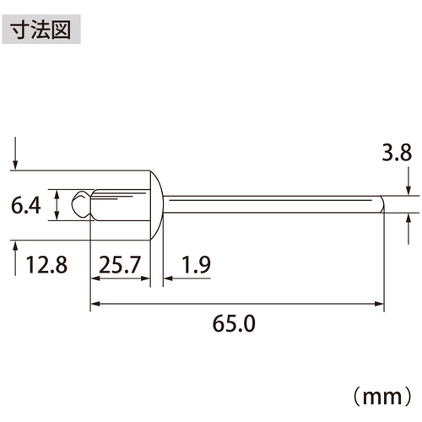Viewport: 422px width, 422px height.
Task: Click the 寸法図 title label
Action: [41, 30]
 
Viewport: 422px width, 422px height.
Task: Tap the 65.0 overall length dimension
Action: [234, 324]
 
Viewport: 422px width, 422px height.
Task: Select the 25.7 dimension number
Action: [119, 265]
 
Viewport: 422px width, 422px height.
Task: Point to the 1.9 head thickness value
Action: [196, 265]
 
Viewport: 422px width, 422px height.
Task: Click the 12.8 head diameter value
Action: [46, 265]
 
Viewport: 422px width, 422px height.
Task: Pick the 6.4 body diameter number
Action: [26, 205]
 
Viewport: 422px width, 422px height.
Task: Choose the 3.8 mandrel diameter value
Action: [397, 153]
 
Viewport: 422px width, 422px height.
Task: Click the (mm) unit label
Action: [382, 397]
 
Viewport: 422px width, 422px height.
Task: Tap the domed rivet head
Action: [156, 205]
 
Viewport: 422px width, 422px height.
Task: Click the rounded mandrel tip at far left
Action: [81, 204]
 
